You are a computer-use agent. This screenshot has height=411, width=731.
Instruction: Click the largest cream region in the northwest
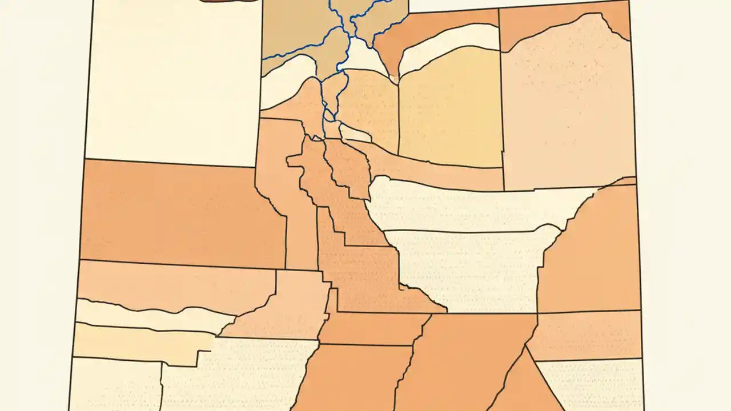[171, 86]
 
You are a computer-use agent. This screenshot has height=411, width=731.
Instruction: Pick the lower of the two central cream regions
[468, 263]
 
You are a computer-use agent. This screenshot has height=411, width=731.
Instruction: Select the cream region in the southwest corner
[114, 385]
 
